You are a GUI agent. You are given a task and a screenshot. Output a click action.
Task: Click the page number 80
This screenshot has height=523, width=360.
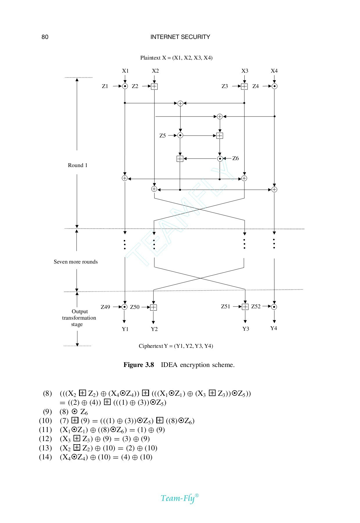tap(45, 37)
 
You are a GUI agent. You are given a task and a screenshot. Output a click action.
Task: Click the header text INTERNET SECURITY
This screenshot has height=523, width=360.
tap(180, 37)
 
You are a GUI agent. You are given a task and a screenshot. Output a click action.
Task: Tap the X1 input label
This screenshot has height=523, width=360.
tap(125, 71)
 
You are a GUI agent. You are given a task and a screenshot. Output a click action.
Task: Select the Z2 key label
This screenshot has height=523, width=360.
tap(135, 86)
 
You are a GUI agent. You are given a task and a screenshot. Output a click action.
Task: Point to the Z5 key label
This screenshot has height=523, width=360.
tap(162, 136)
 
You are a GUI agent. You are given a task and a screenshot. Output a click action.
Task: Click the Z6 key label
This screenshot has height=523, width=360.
tap(235, 158)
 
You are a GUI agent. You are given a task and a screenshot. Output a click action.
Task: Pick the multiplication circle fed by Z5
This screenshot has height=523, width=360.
tap(180, 135)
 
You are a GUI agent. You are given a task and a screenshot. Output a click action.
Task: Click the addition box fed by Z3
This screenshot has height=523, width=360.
tap(244, 86)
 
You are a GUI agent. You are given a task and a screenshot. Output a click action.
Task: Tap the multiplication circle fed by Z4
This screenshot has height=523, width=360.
tap(274, 86)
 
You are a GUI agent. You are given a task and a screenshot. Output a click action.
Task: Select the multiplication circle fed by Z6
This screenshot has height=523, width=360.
tap(220, 159)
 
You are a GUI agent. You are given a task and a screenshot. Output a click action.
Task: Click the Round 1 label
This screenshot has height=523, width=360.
tap(78, 165)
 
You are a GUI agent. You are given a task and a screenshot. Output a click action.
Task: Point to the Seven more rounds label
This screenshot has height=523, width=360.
tap(76, 262)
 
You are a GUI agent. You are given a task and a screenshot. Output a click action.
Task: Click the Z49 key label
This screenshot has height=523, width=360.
tap(105, 307)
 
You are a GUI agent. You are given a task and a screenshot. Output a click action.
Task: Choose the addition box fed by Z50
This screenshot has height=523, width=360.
tap(153, 307)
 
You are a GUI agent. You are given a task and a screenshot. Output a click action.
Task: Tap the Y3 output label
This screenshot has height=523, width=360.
tap(246, 329)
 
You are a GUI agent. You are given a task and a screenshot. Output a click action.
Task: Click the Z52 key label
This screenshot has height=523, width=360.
tap(256, 307)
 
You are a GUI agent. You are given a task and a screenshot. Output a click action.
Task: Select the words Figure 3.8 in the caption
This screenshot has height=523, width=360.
tap(139, 365)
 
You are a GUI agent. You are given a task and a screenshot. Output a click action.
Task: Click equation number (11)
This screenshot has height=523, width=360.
tap(45, 430)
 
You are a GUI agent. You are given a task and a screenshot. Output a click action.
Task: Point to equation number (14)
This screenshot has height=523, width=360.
tap(45, 457)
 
